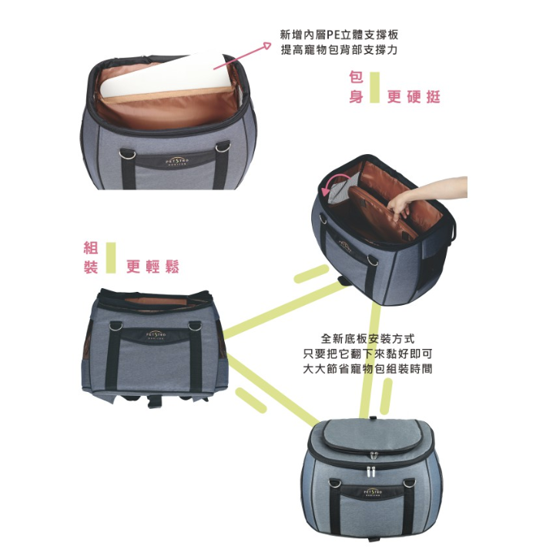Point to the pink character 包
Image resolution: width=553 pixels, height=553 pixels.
click(x=355, y=79)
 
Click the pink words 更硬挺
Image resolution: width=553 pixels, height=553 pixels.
click(x=414, y=97)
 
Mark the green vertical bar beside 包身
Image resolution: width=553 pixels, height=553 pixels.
click(x=374, y=87)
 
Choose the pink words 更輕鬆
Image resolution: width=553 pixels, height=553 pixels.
click(x=152, y=266)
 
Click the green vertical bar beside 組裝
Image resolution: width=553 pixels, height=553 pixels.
click(x=111, y=257)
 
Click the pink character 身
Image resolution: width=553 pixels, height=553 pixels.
click(x=355, y=97)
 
